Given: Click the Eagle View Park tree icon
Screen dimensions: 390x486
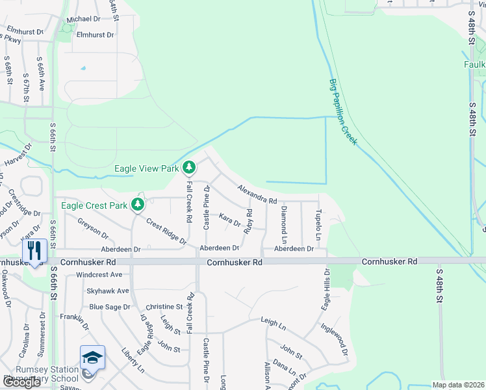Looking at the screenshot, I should click(189, 168).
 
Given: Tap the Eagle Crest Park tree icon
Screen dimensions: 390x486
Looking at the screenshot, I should click(138, 205).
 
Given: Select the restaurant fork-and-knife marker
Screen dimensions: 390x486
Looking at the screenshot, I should click(33, 250).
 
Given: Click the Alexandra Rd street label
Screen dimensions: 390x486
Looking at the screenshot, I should click(257, 194).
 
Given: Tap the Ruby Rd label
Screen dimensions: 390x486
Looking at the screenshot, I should click(248, 221).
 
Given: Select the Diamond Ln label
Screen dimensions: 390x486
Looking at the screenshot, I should click(284, 221).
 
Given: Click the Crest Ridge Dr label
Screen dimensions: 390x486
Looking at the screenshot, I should click(166, 232).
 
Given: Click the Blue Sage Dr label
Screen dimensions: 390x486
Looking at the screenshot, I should click(110, 307).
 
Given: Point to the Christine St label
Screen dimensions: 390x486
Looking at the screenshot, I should click(164, 307).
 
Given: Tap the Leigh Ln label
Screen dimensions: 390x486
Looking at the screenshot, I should click(273, 321).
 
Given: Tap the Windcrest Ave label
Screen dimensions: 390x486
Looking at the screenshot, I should click(99, 275).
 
